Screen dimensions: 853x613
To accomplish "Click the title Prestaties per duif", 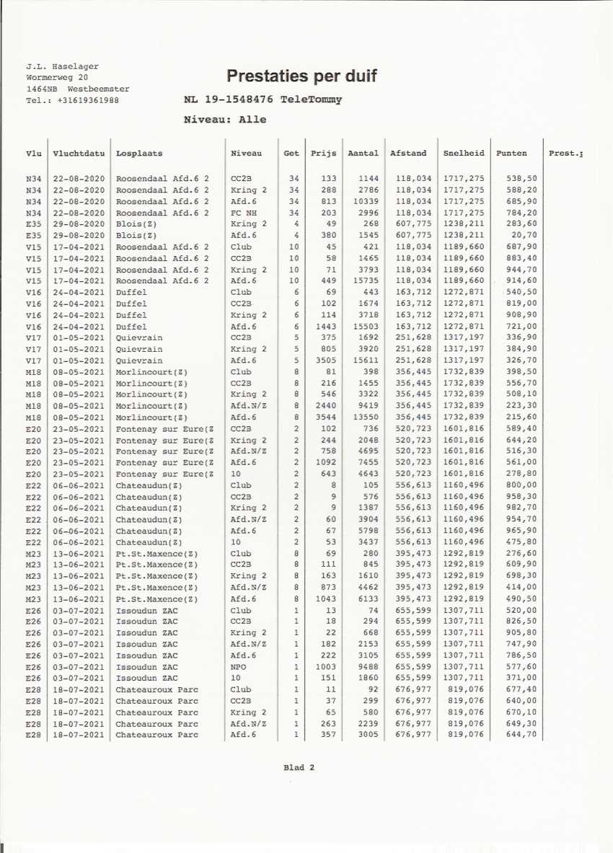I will pos(301,76).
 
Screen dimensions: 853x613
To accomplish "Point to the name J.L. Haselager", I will pos(62,66).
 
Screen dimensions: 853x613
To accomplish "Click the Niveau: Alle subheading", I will pos(225,120).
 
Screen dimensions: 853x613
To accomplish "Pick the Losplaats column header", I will pos(139,153).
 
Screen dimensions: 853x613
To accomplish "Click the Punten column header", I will pos(511,153).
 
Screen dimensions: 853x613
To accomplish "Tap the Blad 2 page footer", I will pos(299,768).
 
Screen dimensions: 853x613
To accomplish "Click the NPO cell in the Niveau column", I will pos(239,667).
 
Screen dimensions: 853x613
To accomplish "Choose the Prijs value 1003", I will pos(325,667).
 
